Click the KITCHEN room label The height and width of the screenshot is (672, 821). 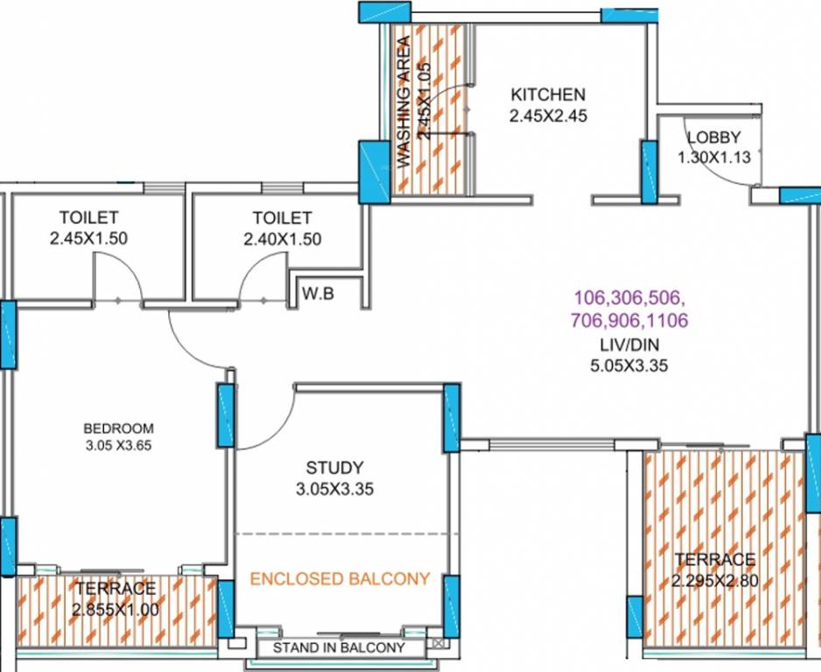click(x=548, y=94)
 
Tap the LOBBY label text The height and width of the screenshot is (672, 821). click(x=713, y=137)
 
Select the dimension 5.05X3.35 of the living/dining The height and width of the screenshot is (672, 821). click(x=628, y=367)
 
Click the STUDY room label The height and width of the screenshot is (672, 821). click(x=334, y=468)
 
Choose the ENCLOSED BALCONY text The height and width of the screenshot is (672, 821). click(x=340, y=578)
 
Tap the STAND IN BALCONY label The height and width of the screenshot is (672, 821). click(x=339, y=648)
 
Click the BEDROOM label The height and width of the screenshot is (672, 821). click(x=118, y=429)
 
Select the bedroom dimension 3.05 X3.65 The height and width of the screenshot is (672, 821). click(x=118, y=444)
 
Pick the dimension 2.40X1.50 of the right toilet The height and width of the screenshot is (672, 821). click(x=282, y=238)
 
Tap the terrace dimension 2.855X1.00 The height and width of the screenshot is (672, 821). click(x=116, y=609)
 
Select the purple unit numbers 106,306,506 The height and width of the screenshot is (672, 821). click(x=629, y=296)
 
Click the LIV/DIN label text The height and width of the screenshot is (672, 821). click(x=628, y=346)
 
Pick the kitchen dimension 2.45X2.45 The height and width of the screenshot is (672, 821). click(x=548, y=115)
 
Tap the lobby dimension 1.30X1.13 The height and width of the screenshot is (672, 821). click(x=713, y=157)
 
